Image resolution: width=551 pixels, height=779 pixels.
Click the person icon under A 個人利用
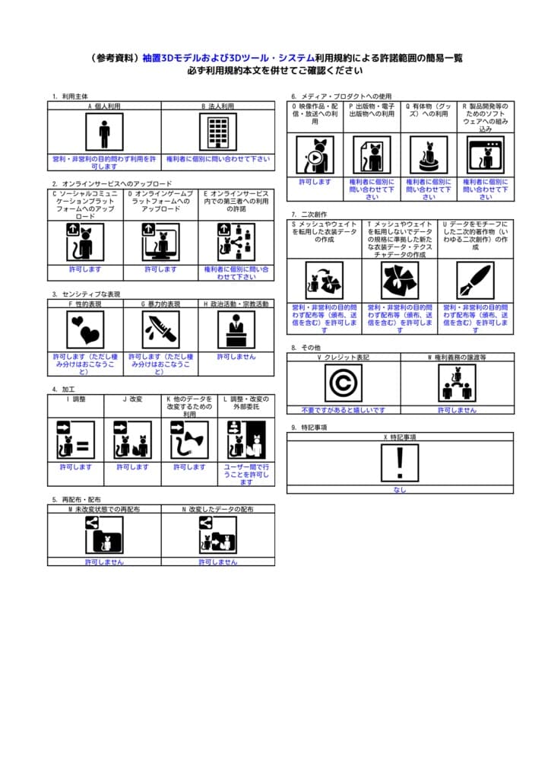point(104,133)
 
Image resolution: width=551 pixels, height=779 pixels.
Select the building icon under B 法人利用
point(218,133)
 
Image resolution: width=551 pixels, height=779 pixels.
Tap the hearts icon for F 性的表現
point(85,329)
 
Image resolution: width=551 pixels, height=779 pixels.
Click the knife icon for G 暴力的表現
point(160,329)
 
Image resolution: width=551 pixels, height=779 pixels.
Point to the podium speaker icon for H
point(236,329)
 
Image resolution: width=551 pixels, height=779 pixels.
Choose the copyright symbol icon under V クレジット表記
point(344,383)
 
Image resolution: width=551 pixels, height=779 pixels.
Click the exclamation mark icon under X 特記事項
point(400,463)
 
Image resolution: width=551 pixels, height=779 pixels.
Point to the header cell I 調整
point(76,399)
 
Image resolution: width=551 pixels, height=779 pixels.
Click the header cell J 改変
point(132,399)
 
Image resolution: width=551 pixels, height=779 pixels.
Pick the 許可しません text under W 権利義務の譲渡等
point(457,410)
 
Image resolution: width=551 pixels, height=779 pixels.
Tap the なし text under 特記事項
point(400,490)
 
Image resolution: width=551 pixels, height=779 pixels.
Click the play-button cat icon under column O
point(315,155)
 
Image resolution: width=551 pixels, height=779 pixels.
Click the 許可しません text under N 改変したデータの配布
point(218,562)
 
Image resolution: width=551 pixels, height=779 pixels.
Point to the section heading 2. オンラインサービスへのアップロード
point(112,184)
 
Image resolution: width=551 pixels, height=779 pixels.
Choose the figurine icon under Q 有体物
point(429,155)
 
